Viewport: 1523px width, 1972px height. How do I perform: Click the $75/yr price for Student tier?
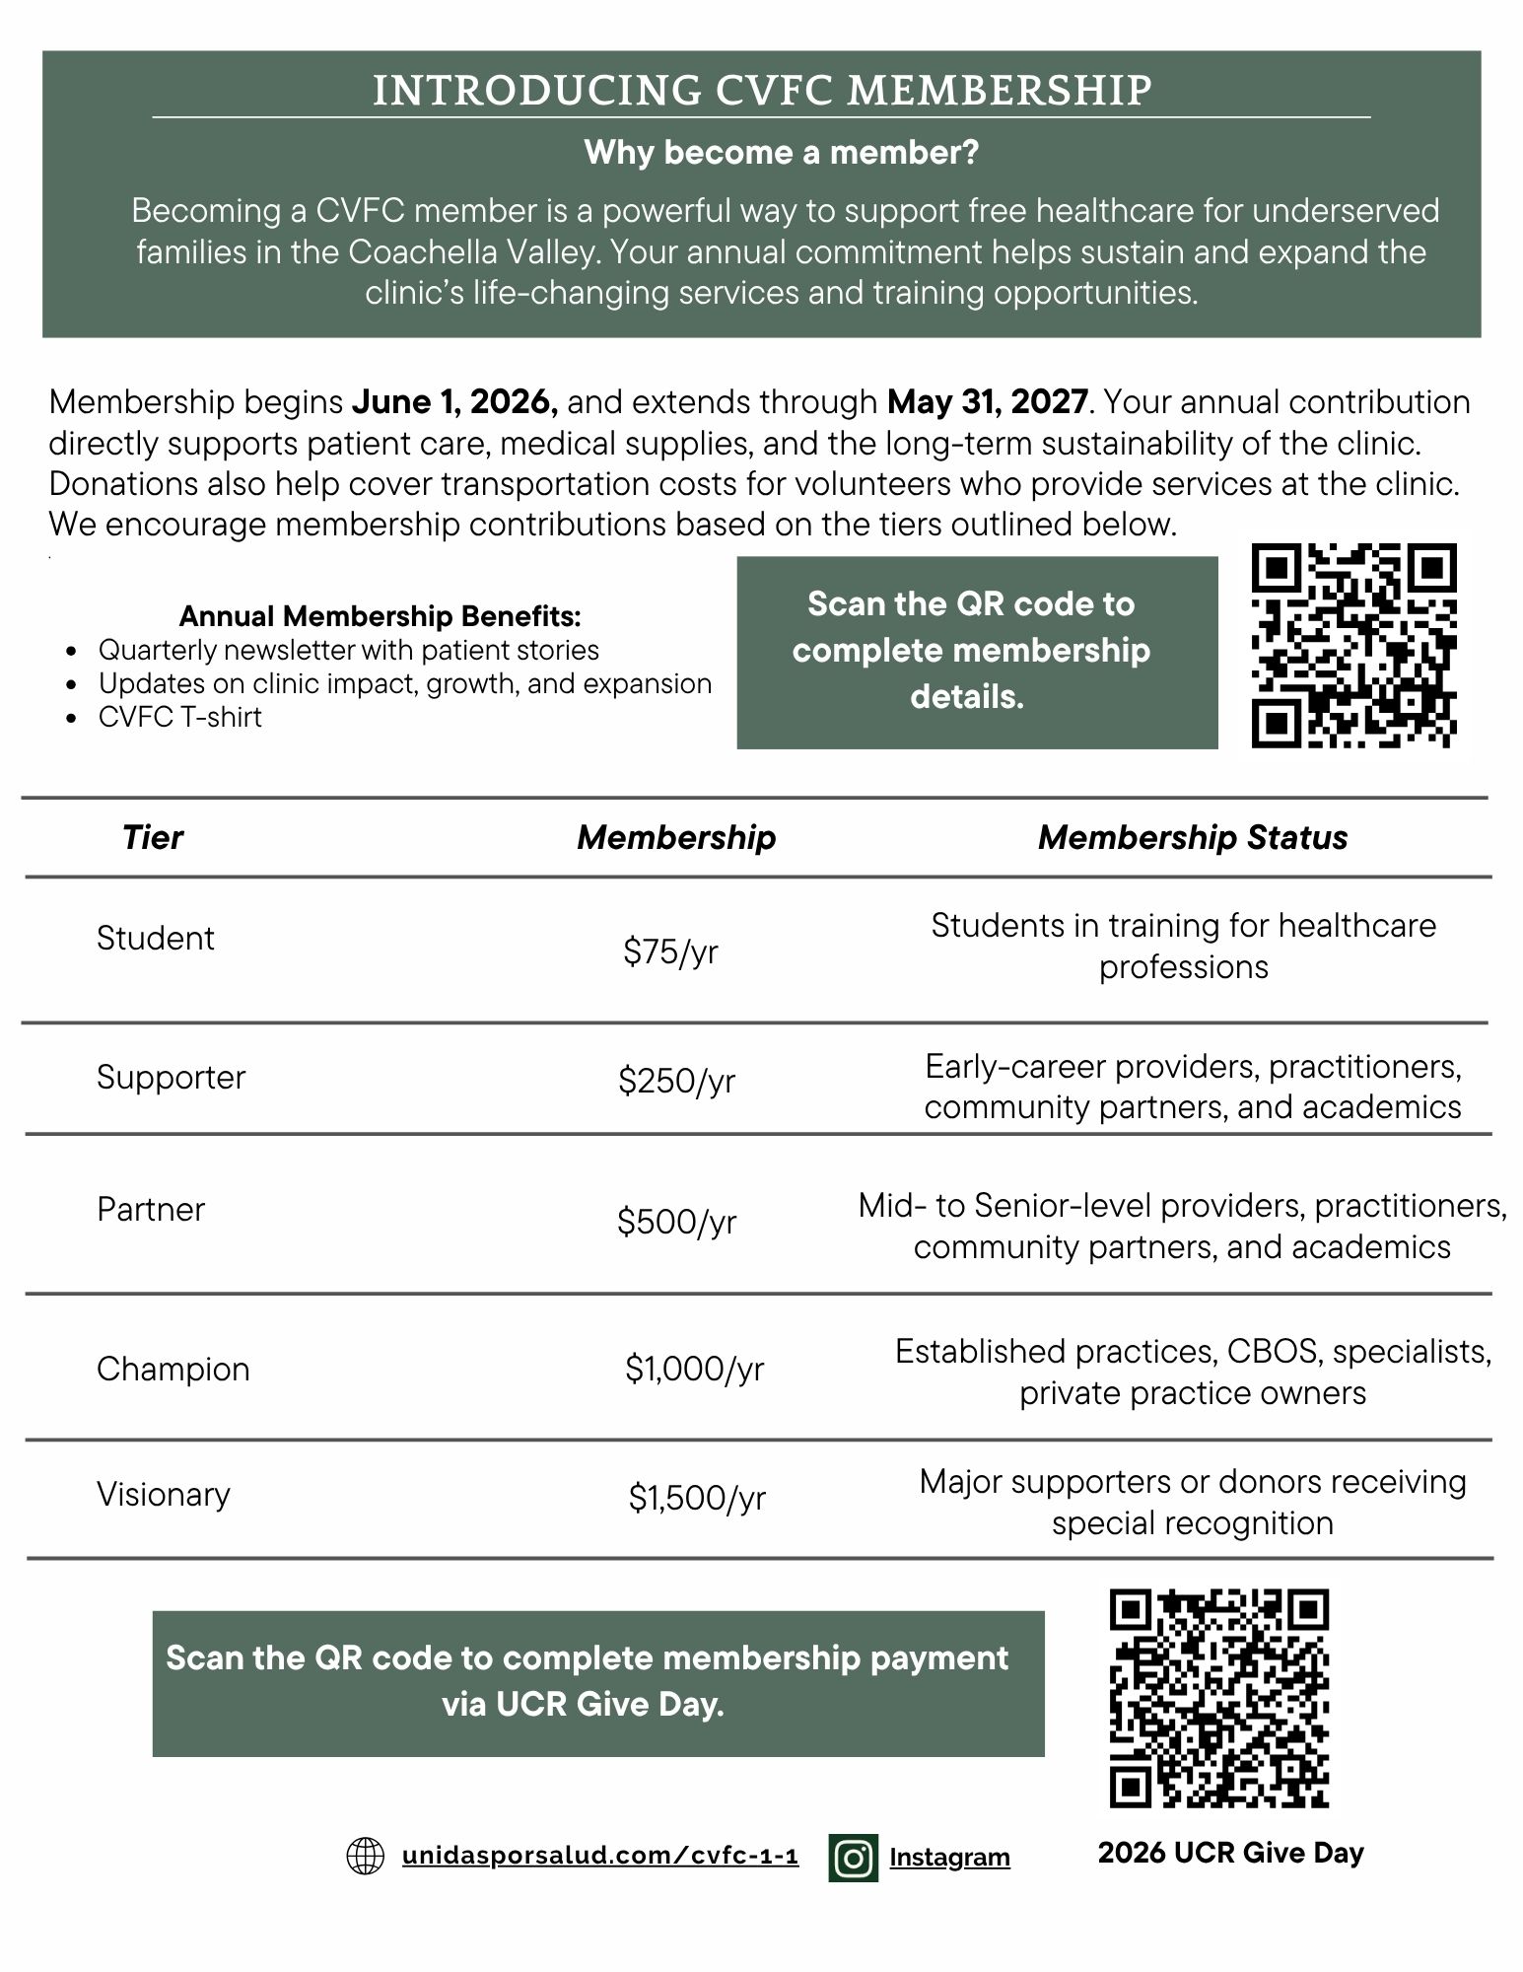[670, 952]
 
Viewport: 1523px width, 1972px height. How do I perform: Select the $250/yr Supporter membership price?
[676, 1082]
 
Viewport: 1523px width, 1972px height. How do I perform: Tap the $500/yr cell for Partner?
[676, 1222]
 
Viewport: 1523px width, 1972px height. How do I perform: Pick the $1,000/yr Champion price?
[694, 1369]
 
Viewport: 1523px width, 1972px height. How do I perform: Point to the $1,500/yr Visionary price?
[697, 1499]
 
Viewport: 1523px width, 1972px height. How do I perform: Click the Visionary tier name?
[164, 1495]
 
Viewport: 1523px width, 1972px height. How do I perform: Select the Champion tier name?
[173, 1370]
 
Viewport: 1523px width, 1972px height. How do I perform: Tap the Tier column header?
[153, 838]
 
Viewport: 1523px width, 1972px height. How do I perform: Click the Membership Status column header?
[1193, 838]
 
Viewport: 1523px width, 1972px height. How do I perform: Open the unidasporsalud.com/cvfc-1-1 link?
[599, 1857]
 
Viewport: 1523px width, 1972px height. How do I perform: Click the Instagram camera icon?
[854, 1858]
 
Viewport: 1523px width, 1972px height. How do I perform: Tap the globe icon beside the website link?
[366, 1857]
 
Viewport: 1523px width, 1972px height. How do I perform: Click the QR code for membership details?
[1353, 647]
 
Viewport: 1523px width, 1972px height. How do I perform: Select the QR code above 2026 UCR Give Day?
[1219, 1698]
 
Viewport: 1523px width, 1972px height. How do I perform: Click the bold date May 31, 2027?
[988, 402]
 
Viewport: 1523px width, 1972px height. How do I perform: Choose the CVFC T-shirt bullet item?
[180, 718]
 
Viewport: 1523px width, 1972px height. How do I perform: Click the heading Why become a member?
[781, 153]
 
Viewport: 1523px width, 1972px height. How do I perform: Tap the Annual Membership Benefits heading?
[380, 617]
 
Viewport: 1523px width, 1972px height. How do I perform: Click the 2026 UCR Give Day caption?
[1231, 1854]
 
